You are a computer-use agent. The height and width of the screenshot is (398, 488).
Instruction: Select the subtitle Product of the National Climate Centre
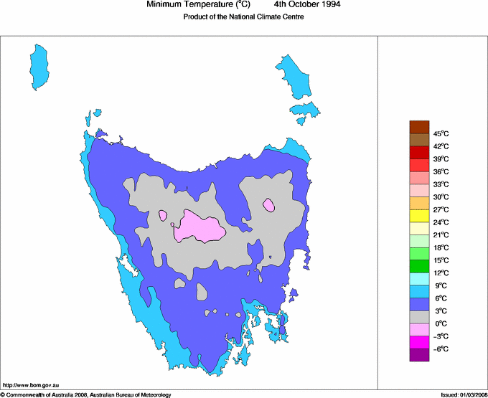pyautogui.click(x=243, y=17)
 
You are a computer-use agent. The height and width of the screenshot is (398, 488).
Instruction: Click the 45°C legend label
pyautogui.click(x=441, y=134)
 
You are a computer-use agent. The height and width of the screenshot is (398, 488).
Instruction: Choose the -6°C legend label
pyautogui.click(x=441, y=349)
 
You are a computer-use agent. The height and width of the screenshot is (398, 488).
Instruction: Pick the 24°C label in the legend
pyautogui.click(x=441, y=222)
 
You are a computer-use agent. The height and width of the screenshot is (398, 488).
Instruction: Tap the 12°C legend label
pyautogui.click(x=441, y=273)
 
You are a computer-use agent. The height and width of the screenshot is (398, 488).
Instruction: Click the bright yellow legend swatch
pyautogui.click(x=419, y=216)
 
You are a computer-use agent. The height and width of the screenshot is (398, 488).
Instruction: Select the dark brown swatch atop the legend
pyautogui.click(x=419, y=127)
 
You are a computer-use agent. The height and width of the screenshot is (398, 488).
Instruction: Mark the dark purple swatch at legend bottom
pyautogui.click(x=419, y=354)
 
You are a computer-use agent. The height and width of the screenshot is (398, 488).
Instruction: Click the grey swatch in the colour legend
pyautogui.click(x=419, y=317)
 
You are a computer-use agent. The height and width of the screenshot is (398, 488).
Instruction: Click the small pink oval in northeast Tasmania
pyautogui.click(x=269, y=205)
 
